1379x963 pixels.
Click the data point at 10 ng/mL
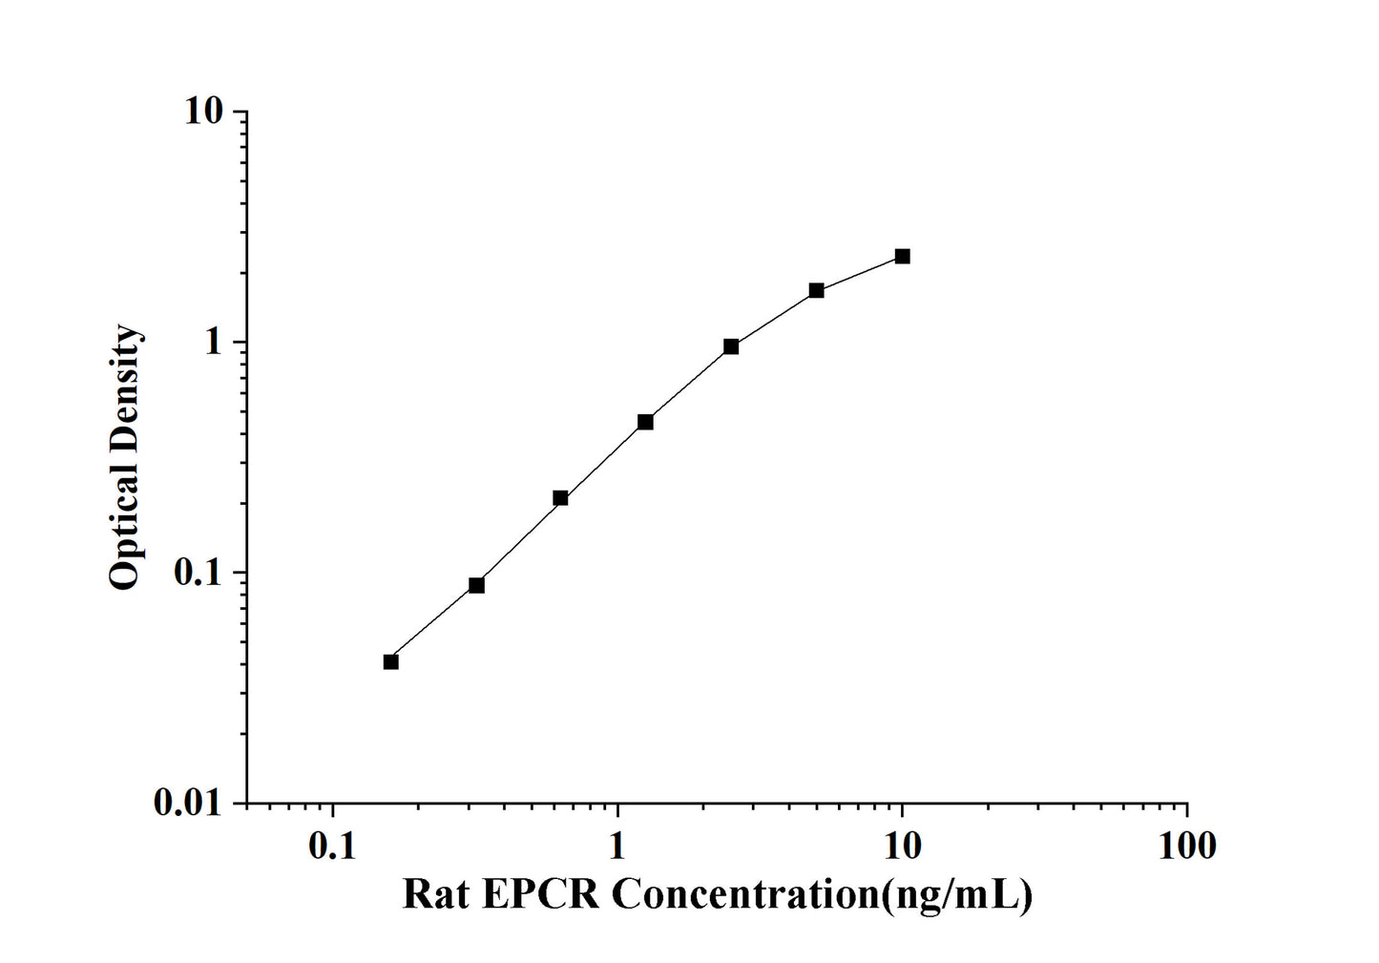pos(902,256)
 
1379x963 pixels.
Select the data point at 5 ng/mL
pos(817,290)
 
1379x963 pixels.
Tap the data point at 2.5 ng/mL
pos(731,346)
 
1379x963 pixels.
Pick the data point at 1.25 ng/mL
pos(645,421)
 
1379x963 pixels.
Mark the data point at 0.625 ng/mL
pos(560,497)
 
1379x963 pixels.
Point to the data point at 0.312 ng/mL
pos(476,585)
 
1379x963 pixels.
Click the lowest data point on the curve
pos(390,661)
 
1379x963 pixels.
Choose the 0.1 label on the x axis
pos(332,845)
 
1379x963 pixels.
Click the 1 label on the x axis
pos(617,845)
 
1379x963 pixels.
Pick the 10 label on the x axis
pos(902,845)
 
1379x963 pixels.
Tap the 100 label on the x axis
pos(1186,845)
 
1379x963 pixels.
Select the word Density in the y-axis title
pos(125,394)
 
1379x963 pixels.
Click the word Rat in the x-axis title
pos(436,895)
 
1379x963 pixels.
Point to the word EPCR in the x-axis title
pos(541,895)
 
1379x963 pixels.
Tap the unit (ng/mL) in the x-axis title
pos(958,895)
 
